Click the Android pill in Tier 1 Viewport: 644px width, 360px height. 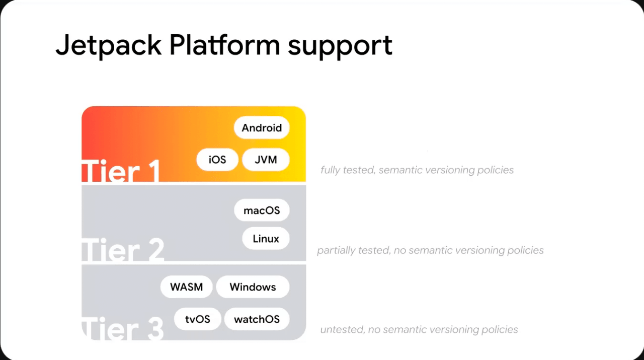[x=262, y=127]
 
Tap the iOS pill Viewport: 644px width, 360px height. [x=217, y=160]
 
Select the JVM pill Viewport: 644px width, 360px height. [x=266, y=160]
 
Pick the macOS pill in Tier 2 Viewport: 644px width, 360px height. [x=262, y=210]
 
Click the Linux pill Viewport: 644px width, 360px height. [x=266, y=238]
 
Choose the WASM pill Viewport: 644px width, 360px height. [x=186, y=286]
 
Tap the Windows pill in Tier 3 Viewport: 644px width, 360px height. [x=253, y=286]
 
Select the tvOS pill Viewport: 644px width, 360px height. [x=198, y=319]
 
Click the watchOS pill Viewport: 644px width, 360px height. [x=257, y=319]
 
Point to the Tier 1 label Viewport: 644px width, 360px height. [x=121, y=171]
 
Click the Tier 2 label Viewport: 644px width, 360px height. [x=123, y=250]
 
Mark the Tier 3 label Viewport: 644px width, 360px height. [x=123, y=329]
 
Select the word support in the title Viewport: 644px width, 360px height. [x=340, y=47]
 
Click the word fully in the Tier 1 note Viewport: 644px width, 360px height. [x=331, y=170]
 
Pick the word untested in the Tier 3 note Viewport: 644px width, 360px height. [x=342, y=329]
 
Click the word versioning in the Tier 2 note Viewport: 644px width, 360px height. [x=479, y=250]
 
